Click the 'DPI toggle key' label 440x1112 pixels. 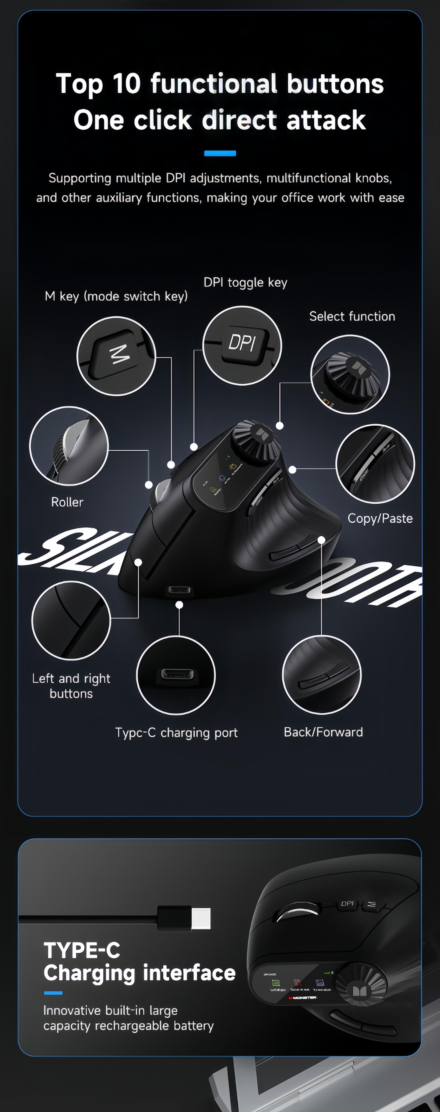point(245,282)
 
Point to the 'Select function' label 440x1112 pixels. point(352,316)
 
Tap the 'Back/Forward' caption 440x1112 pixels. point(323,732)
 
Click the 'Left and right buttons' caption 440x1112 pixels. point(71,686)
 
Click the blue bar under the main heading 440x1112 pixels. point(220,153)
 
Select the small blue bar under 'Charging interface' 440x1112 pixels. point(53,993)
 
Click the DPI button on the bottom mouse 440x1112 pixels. point(347,903)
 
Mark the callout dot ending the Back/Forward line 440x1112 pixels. point(321,540)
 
